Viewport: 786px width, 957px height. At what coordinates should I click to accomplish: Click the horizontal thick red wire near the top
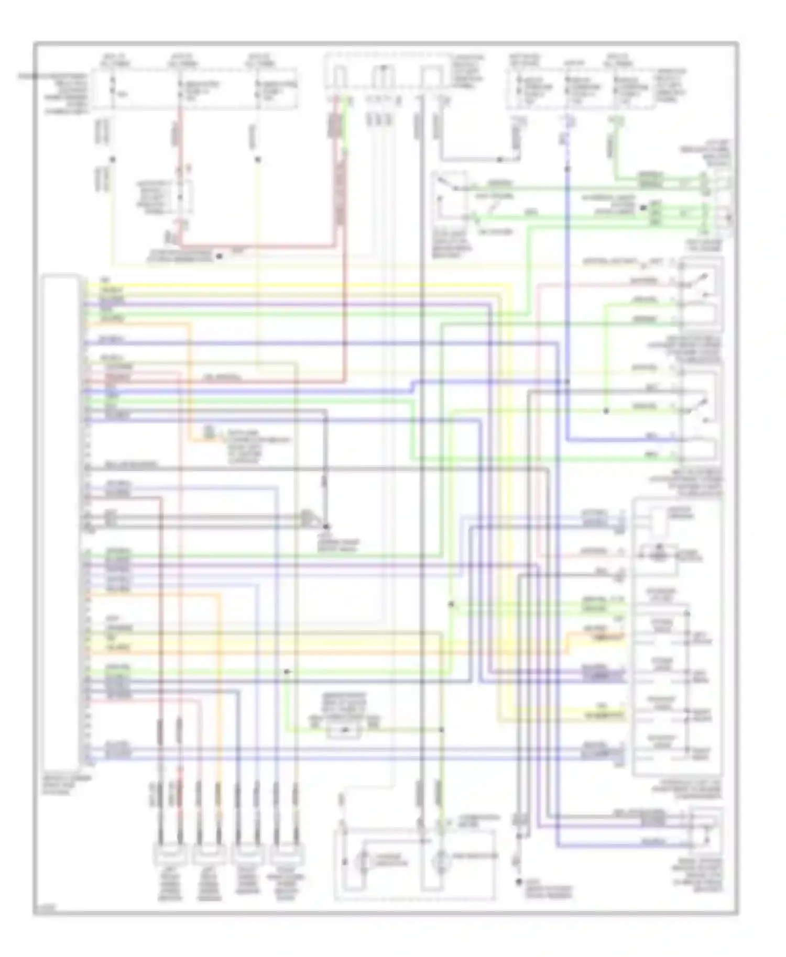[x=262, y=245]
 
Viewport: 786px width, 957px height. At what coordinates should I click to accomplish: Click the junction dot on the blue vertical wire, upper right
[x=567, y=169]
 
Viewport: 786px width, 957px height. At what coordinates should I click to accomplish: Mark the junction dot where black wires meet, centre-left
[x=326, y=526]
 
